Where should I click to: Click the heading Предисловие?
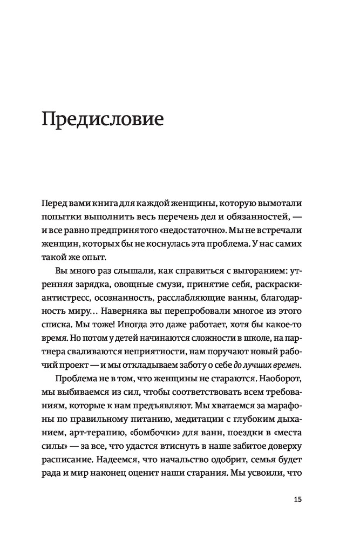103,119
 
